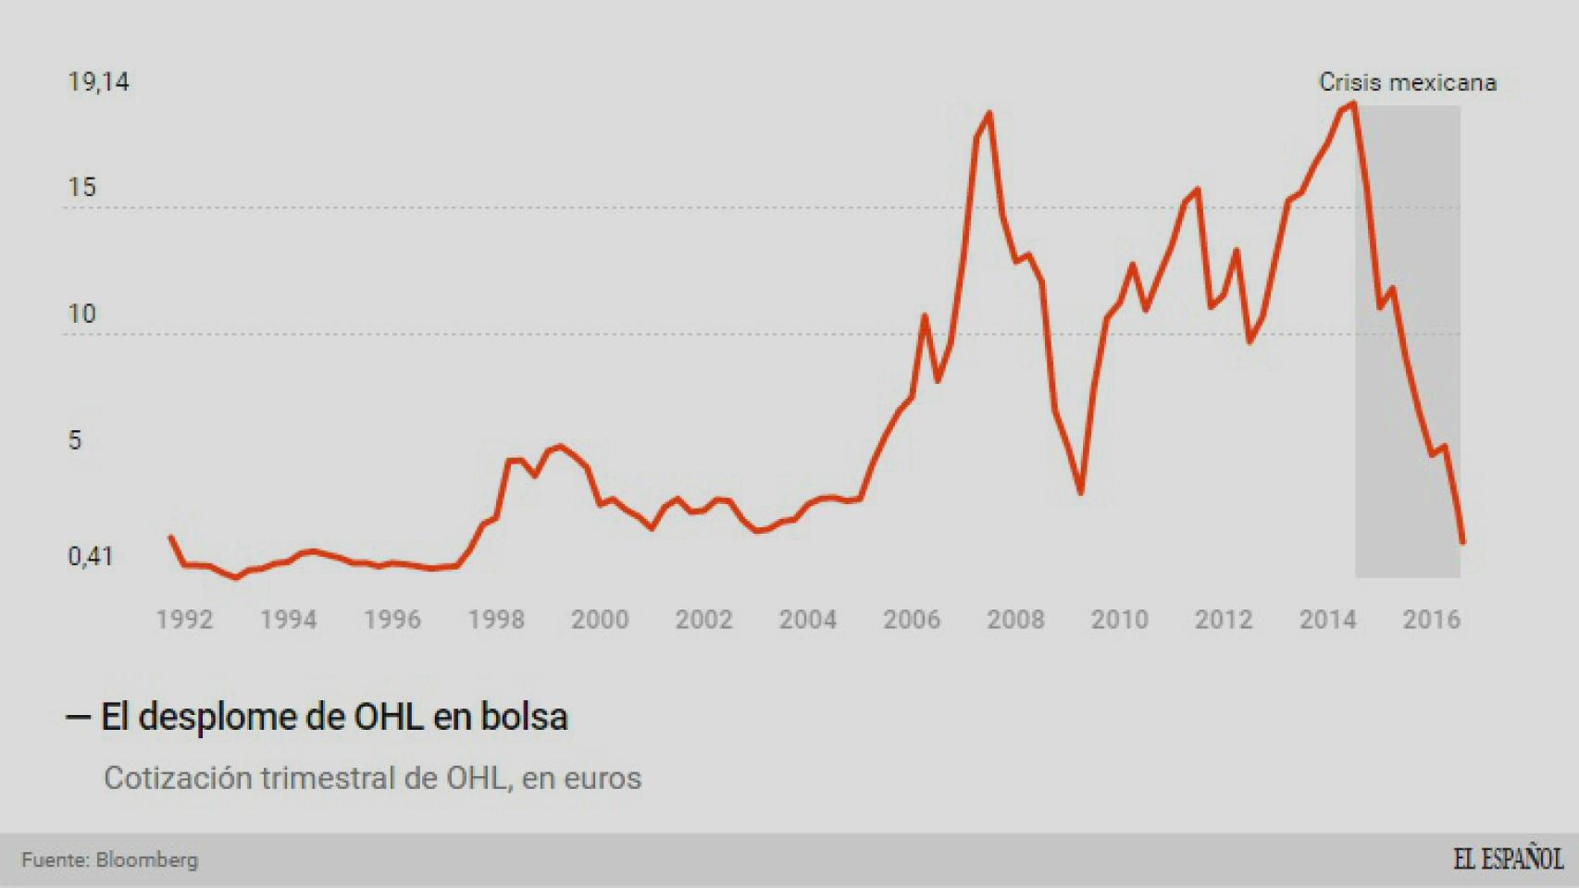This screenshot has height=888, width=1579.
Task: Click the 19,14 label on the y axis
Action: (98, 82)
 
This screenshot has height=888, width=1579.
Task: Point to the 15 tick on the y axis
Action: (81, 188)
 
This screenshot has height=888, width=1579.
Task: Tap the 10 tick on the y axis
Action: (81, 314)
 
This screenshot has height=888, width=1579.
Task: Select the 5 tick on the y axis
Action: (75, 440)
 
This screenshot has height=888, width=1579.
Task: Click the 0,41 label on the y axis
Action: (90, 557)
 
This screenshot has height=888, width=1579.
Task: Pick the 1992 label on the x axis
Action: (184, 620)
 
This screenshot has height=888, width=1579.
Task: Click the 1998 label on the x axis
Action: (496, 620)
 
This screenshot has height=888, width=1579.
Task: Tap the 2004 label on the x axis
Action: (807, 620)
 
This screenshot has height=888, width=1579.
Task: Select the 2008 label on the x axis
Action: (1015, 620)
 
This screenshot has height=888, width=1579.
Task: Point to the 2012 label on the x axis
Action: (1223, 620)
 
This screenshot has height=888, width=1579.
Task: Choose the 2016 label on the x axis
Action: (1431, 620)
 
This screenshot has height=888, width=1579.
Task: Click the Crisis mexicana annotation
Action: (1407, 82)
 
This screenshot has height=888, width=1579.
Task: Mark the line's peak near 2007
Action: (989, 114)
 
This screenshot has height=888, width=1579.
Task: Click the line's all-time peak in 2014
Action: (1353, 104)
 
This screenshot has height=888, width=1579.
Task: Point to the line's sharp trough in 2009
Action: (1080, 492)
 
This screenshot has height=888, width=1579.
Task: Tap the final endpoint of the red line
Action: (1462, 543)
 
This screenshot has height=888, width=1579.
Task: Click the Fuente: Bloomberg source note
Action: (110, 860)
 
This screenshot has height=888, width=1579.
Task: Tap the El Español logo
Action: (1508, 858)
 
